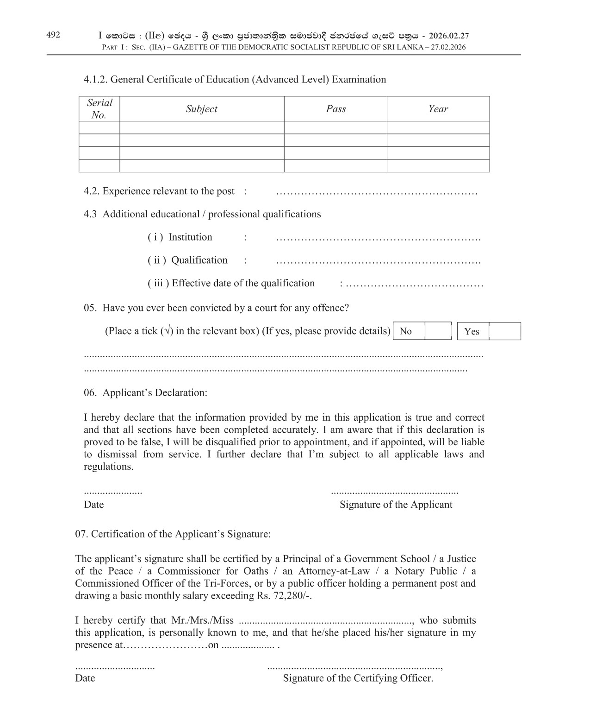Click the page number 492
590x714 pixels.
point(53,35)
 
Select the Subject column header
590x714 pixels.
point(201,109)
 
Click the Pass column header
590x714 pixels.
point(335,109)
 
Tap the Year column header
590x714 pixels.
point(438,109)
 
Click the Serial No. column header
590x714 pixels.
point(99,109)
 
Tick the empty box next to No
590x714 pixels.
point(437,331)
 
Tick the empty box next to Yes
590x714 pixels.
point(504,331)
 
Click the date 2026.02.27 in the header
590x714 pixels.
point(449,36)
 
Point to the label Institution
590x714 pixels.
point(190,237)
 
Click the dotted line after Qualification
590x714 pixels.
point(378,262)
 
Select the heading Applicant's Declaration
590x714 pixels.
point(155,393)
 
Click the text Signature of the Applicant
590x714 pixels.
point(396,505)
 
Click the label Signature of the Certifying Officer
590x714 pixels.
point(358,678)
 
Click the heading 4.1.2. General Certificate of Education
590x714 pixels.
point(235,80)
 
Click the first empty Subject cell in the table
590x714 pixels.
point(201,128)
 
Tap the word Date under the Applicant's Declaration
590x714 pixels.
point(93,505)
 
